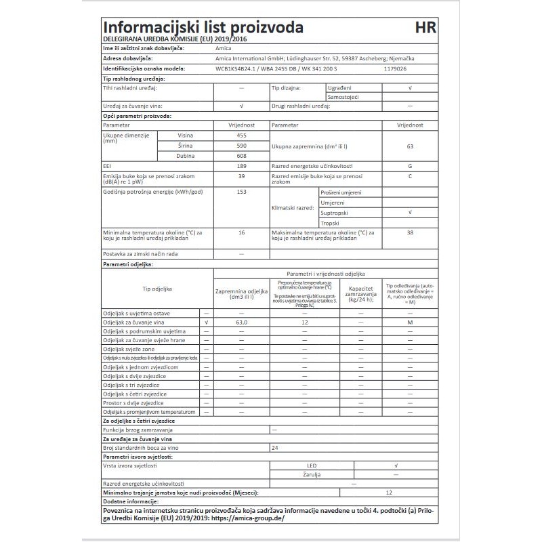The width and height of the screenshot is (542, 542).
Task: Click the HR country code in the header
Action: (425, 28)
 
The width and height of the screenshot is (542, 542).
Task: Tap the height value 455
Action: (241, 136)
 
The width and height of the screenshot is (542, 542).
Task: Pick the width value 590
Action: (241, 146)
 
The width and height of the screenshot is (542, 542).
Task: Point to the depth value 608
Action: (241, 156)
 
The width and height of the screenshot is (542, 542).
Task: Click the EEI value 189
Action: (241, 166)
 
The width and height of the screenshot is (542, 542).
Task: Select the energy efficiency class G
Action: (410, 166)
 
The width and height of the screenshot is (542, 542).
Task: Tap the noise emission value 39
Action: (241, 176)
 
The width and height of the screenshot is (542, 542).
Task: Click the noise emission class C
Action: (410, 176)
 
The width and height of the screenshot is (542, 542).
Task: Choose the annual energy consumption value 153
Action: (241, 192)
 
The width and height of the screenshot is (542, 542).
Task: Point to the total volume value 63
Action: (410, 146)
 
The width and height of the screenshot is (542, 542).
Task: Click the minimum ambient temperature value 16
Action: (241, 232)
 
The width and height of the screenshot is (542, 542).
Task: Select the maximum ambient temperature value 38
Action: (410, 232)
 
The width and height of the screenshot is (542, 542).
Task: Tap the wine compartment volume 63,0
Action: (241, 323)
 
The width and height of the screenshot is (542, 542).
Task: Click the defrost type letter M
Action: (410, 323)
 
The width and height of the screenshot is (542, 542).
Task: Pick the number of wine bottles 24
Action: (274, 448)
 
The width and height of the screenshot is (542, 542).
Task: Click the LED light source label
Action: (312, 466)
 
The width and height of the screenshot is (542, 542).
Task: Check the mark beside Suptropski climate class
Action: (410, 213)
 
